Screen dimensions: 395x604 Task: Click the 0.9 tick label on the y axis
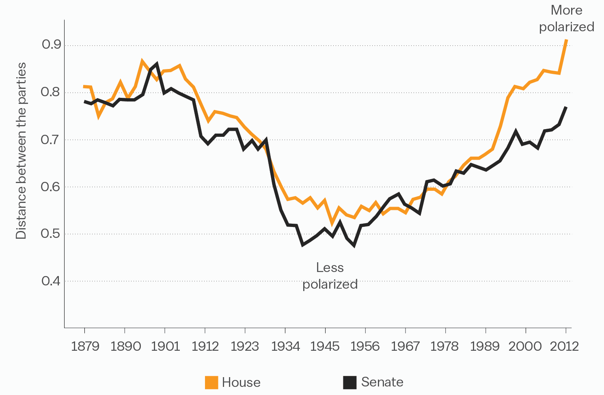51,45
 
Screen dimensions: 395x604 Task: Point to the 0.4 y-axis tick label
51,281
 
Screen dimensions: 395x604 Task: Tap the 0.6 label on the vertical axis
51,187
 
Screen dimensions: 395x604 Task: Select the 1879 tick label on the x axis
85,346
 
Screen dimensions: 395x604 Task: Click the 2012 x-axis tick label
565,346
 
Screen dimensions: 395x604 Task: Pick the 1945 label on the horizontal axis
325,346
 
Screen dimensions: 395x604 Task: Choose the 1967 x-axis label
405,346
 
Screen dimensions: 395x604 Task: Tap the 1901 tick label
165,346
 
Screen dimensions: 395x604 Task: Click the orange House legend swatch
211,382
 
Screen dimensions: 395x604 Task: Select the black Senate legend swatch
350,382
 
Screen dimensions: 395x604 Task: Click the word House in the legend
241,382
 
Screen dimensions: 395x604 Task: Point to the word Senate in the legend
382,382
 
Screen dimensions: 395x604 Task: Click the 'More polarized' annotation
566,19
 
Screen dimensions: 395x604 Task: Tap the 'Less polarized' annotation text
330,276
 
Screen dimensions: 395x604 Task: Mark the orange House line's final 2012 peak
566,40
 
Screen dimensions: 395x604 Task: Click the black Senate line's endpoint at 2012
566,107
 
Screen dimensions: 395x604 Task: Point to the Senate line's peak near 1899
157,64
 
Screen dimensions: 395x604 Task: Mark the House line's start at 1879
84,86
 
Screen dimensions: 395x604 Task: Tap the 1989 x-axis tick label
485,346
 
